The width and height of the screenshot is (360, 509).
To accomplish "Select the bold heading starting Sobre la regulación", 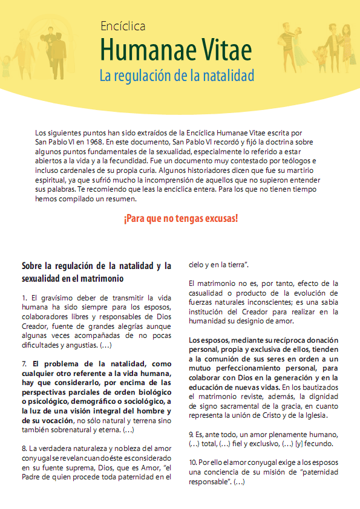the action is [96, 272].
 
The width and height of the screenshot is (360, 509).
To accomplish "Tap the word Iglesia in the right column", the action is [313, 415].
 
